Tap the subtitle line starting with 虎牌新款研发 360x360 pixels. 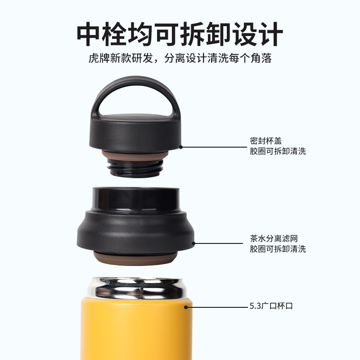point(180,59)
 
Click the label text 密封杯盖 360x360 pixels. point(266,140)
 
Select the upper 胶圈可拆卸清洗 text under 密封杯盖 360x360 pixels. point(278,151)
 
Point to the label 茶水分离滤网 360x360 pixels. point(274,238)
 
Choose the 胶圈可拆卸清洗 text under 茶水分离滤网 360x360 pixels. point(278,249)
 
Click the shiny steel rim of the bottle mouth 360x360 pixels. point(135,288)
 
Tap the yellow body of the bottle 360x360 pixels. point(135,328)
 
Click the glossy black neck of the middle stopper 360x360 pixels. point(135,198)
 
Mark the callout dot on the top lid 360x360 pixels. point(181,146)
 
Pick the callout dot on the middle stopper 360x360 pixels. point(194,243)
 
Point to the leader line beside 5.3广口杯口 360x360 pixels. point(216,307)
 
